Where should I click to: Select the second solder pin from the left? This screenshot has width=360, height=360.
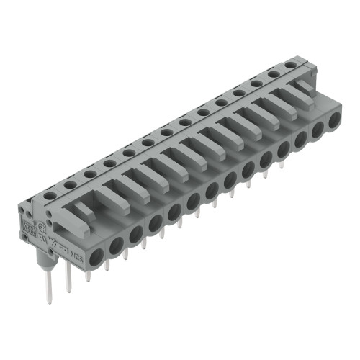click(69, 277)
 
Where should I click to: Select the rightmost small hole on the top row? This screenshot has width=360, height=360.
click(289, 66)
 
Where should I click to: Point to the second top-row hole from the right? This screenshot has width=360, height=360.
click(274, 73)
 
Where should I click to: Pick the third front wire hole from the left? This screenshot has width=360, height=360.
click(135, 232)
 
